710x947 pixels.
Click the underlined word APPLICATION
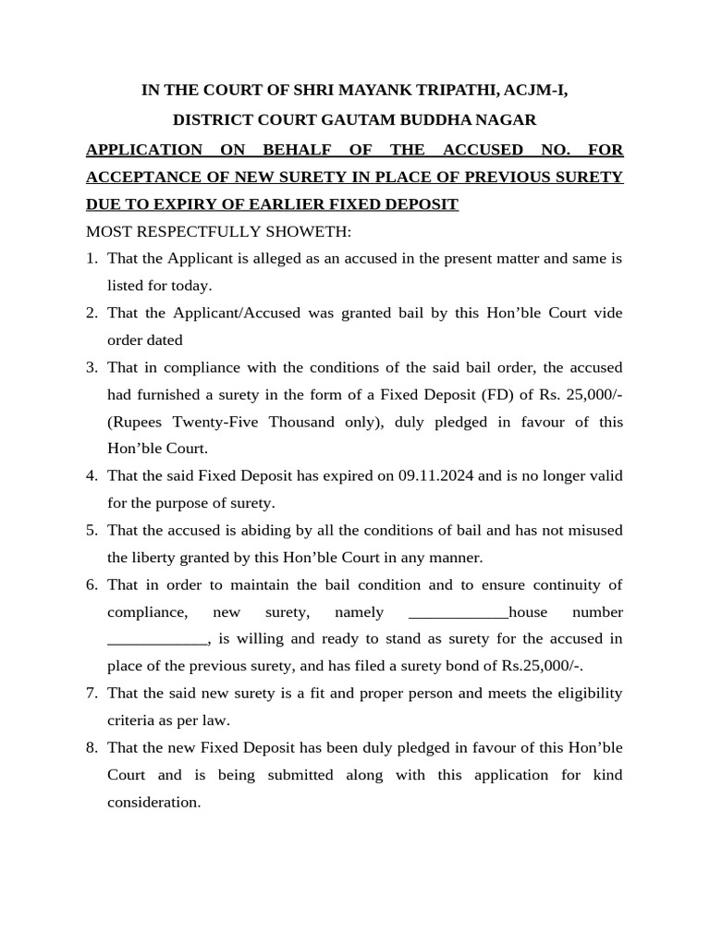click(143, 150)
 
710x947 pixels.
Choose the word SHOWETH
click(310, 231)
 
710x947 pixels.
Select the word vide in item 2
click(608, 313)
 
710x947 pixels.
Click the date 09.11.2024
click(435, 476)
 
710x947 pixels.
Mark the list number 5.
click(92, 531)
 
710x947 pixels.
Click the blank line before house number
click(458, 612)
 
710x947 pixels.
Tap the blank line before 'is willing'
click(158, 639)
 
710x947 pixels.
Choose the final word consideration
click(153, 803)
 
